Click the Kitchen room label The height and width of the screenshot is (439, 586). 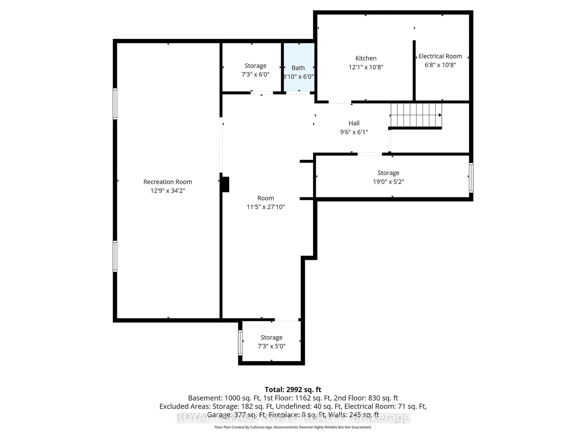point(366,58)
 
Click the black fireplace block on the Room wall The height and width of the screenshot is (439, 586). point(225,184)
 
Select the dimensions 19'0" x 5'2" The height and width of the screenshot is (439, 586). point(388,182)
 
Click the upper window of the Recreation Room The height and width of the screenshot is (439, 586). point(115,104)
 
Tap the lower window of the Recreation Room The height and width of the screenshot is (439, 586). point(115,256)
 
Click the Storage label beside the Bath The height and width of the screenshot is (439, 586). point(255,66)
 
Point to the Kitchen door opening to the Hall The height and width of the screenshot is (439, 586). point(340,102)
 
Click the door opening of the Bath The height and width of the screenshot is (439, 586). point(298,93)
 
